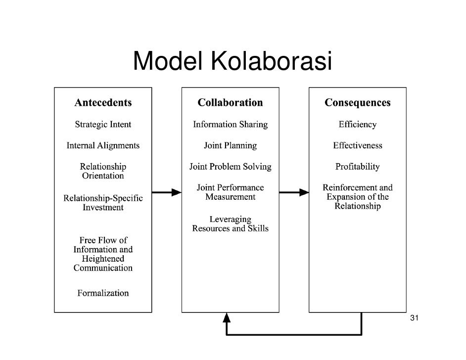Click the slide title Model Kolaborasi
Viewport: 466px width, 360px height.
[x=232, y=61]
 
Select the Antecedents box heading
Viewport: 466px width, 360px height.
[x=103, y=103]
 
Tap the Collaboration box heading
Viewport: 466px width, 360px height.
[x=230, y=103]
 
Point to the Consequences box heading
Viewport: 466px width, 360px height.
[x=357, y=103]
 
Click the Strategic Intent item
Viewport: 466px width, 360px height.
[x=103, y=125]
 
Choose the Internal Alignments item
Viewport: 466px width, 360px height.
[x=103, y=146]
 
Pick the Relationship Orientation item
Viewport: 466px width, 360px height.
[x=103, y=171]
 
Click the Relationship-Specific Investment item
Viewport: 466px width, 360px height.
[x=103, y=203]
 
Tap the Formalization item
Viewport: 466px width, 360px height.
[x=103, y=293]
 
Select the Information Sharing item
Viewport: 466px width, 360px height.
[x=230, y=125]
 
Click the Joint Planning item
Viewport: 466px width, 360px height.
[x=230, y=146]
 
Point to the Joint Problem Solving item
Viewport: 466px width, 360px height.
[x=230, y=167]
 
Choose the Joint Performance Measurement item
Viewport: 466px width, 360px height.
[x=230, y=192]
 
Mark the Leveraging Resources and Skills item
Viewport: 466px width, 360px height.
[x=230, y=224]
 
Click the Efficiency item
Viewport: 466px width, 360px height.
[x=357, y=125]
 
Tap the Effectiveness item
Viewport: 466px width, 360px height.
[x=357, y=146]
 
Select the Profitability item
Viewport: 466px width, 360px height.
[x=357, y=167]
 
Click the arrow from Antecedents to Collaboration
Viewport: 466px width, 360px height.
[x=167, y=192]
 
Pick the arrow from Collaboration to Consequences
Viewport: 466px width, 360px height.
[x=294, y=192]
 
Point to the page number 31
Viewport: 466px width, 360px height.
[x=415, y=317]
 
